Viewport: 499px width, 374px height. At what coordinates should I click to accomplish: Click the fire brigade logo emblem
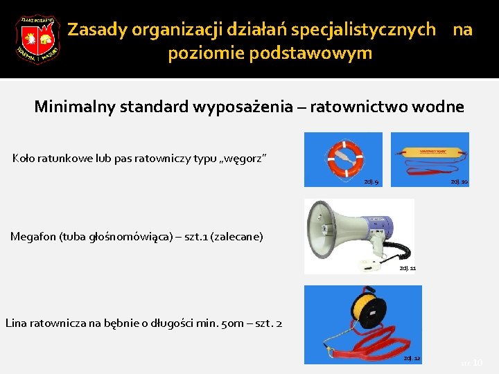coord(37,39)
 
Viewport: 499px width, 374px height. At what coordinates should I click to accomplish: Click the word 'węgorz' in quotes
coord(240,159)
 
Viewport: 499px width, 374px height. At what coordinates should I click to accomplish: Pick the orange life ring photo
coord(344,159)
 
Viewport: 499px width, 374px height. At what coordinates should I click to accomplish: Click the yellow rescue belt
coord(430,151)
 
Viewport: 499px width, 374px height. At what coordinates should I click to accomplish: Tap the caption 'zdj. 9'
coord(371,182)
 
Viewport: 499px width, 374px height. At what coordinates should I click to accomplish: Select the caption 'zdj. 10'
coord(459,181)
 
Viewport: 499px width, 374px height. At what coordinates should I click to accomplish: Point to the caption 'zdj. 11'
coord(408,268)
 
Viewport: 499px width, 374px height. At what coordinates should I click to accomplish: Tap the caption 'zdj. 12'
coord(412,358)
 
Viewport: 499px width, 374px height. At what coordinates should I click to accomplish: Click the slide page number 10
coord(478,362)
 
